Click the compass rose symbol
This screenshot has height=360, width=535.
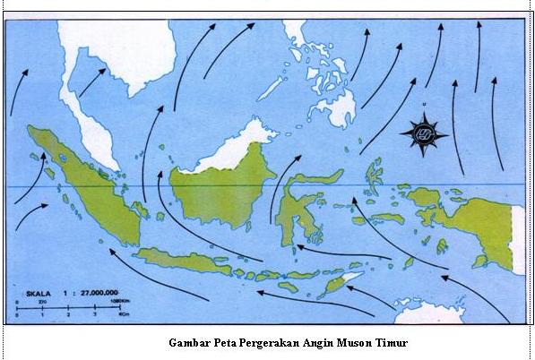click(x=424, y=134)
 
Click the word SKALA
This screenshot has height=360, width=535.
click(x=37, y=293)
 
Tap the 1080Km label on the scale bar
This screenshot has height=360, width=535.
click(x=117, y=302)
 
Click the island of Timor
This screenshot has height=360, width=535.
click(x=341, y=284)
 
